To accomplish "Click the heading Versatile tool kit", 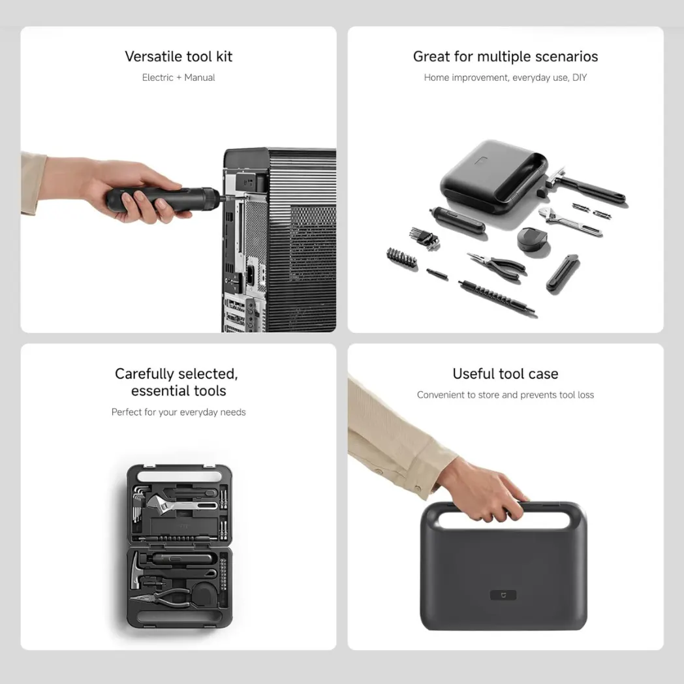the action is pos(178,56).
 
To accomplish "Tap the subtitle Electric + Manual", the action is pos(178,77).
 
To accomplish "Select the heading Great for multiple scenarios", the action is pos(505,56).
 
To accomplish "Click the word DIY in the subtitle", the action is pos(580,77).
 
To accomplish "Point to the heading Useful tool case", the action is pos(505,373).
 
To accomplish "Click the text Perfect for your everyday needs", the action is pos(178,412).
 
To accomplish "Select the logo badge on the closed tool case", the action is pos(503,595).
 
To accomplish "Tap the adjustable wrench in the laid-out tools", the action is pos(570,221).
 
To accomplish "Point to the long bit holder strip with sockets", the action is pos(496,298).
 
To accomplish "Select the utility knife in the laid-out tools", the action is pos(563,272).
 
